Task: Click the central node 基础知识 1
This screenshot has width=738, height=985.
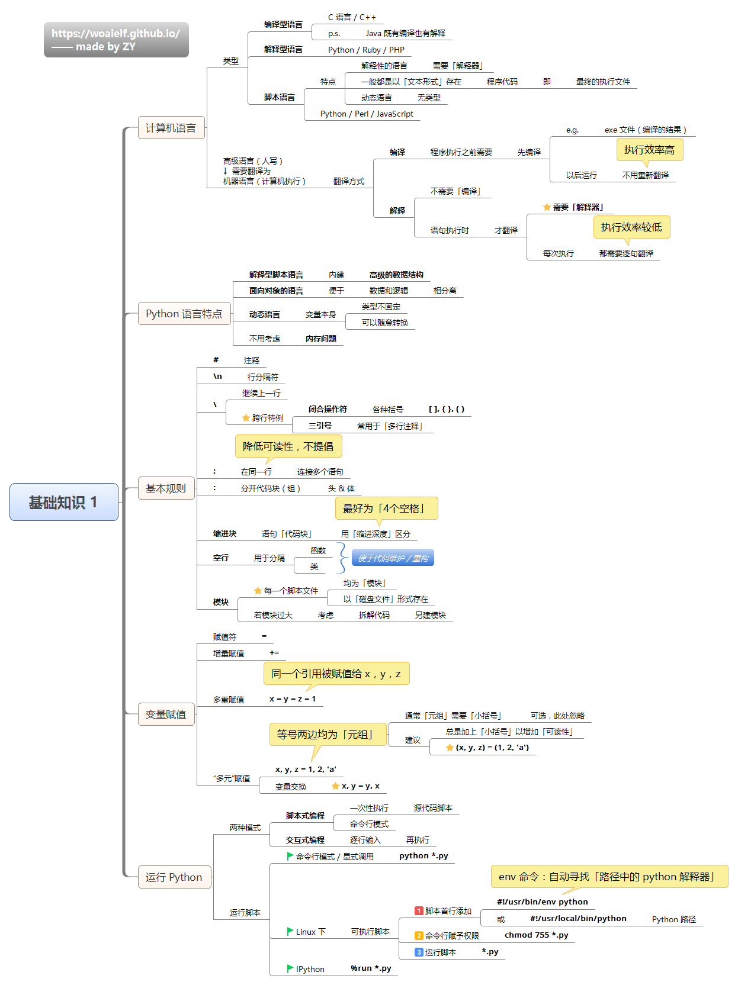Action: click(63, 502)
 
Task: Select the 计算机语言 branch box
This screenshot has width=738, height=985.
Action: click(171, 128)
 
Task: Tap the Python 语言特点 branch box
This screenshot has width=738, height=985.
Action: click(184, 314)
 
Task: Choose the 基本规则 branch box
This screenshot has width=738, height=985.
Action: click(166, 488)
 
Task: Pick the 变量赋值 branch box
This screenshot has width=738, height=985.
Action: click(166, 714)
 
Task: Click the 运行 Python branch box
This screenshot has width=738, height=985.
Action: click(174, 877)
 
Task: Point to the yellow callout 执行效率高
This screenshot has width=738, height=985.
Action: click(649, 150)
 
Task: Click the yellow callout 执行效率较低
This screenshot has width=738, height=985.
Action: click(631, 227)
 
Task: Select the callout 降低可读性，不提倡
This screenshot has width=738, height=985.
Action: click(288, 446)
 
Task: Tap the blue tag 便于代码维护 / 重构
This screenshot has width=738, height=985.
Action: click(393, 558)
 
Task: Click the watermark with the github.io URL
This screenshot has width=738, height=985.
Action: click(116, 40)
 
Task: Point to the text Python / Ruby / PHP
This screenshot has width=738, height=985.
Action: click(366, 50)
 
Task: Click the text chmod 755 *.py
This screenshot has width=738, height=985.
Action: click(536, 935)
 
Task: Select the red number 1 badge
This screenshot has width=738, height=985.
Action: click(419, 911)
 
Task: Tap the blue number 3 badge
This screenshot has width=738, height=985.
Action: click(419, 952)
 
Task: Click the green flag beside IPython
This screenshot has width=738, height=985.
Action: click(290, 968)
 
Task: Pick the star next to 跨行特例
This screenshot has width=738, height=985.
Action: click(246, 418)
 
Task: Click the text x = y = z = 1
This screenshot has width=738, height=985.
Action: click(293, 699)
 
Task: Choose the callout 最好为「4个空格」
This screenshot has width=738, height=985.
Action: click(386, 508)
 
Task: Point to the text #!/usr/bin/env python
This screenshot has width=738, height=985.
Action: click(542, 902)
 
